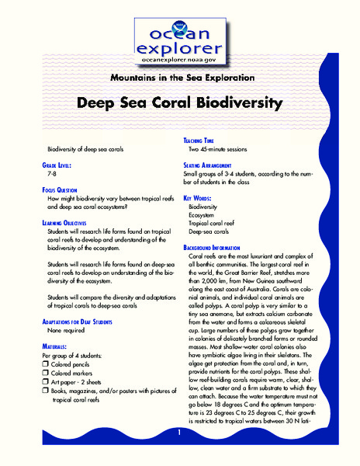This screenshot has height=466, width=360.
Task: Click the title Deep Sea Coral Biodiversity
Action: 180,103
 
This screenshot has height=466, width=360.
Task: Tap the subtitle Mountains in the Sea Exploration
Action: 179,78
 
